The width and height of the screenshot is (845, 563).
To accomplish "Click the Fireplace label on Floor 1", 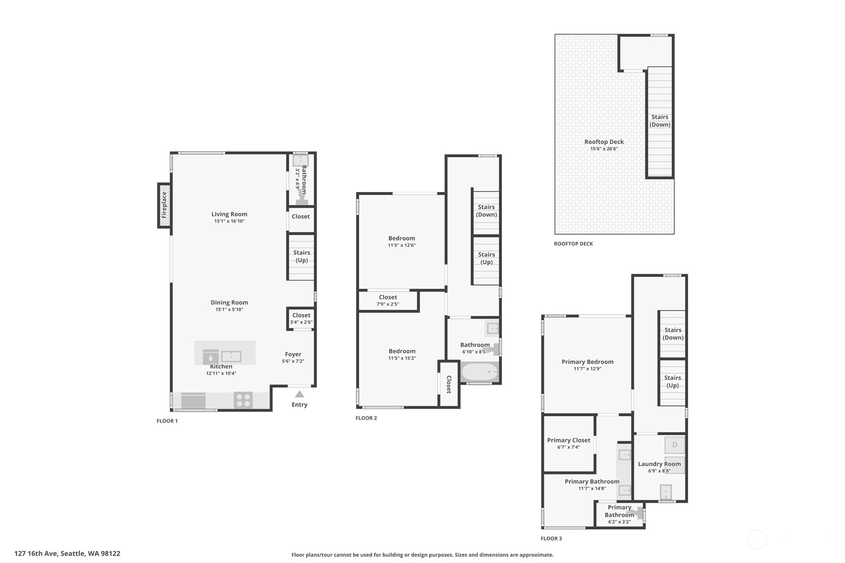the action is pos(164,205).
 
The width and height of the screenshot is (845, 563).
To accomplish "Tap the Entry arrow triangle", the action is pos(300,394).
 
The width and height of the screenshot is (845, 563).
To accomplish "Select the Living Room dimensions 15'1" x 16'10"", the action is pos(230,221).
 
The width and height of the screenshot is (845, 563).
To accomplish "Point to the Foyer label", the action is pos(293,354).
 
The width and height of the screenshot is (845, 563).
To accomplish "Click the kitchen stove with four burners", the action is pos(243,400).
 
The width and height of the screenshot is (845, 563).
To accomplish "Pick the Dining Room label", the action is pos(230,303).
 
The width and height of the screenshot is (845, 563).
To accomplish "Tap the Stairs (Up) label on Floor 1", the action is pos(302,256).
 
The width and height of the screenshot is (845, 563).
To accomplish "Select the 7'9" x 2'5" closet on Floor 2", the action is pos(388,301).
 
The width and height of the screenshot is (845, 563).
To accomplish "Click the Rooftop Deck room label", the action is pos(604,142).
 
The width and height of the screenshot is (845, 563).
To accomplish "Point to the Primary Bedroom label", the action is pos(588,361).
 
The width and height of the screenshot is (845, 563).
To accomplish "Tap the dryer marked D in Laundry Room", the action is pos(675,445).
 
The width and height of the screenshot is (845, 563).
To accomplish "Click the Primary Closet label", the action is pos(569,440).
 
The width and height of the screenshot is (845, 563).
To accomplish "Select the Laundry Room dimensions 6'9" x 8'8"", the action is pos(659,470).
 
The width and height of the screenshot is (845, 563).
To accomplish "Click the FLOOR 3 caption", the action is pos(551,539).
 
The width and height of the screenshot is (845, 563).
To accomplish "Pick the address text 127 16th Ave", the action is pos(36,554).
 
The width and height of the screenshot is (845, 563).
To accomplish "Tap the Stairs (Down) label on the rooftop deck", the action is pos(660,120).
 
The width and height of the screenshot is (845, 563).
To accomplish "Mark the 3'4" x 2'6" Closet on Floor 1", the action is pos(301,319).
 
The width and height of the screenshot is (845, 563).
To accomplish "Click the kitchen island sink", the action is pos(231,356).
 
